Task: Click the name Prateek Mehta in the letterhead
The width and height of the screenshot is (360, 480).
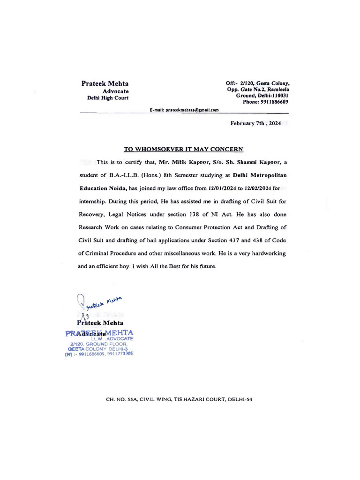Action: [x=105, y=83]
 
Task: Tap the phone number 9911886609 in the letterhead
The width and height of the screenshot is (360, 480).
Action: [x=272, y=102]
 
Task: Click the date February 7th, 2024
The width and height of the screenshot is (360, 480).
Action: [x=255, y=124]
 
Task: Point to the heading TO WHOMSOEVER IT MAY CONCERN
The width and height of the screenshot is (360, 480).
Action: [x=183, y=150]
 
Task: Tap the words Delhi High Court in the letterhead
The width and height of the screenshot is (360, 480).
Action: [x=108, y=98]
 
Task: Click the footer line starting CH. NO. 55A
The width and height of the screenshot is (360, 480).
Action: [x=180, y=399]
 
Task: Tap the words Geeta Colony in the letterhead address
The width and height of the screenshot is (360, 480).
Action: [x=272, y=83]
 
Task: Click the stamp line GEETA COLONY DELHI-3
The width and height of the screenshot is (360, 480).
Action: [x=98, y=349]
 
